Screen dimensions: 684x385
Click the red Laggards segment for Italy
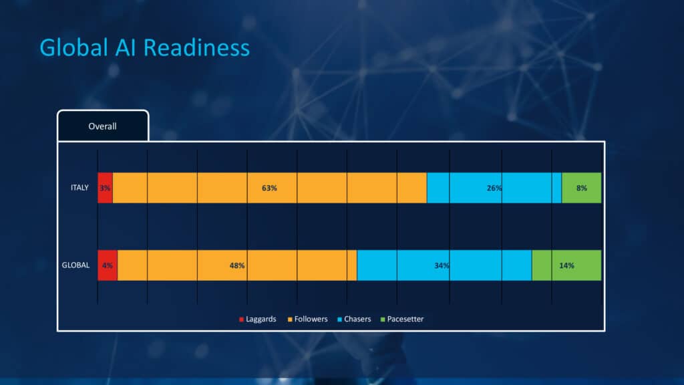105,188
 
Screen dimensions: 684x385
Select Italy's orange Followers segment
270,188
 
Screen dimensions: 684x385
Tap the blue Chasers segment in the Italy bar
494,188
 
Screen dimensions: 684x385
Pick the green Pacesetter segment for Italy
581,188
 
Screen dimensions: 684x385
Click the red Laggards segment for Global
108,265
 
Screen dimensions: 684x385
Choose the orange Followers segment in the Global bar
237,265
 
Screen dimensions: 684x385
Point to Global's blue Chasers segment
444,265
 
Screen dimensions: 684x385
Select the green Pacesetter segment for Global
566,265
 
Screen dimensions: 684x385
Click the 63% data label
269,188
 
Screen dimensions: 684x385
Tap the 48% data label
237,265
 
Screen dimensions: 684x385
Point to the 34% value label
442,265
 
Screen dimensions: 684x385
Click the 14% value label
566,265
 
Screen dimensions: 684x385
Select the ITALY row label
79,188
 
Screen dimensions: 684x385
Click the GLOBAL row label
75,265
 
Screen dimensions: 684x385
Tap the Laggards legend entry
257,319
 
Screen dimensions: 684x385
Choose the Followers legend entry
307,319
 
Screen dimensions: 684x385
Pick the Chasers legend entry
354,319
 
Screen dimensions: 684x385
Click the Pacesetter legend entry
401,319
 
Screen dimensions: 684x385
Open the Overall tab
103,126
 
